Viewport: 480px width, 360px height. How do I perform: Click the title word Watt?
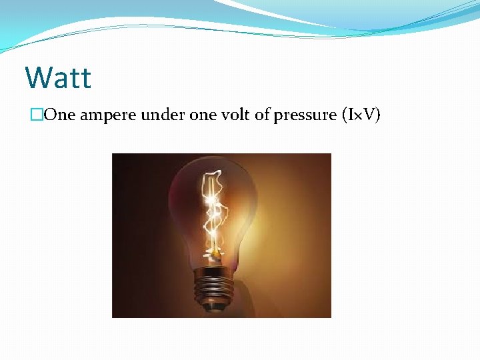pos(58,77)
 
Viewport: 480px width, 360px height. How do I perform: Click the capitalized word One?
pos(63,115)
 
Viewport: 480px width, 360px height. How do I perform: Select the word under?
pos(161,115)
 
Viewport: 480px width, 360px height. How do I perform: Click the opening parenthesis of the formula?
pos(344,115)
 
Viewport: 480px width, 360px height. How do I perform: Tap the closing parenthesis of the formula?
pos(378,115)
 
